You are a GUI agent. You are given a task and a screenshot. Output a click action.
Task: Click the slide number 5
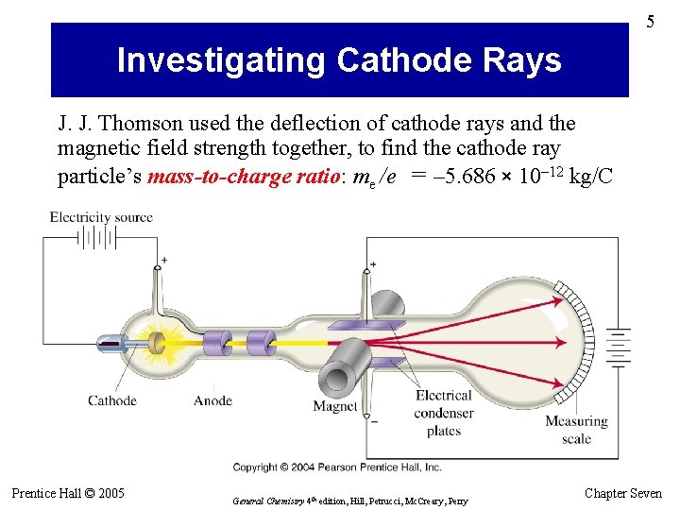coord(650,22)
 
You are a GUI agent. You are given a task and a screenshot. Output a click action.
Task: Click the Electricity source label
coord(101,217)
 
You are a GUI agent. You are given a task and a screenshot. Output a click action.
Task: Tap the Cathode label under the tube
coord(112,400)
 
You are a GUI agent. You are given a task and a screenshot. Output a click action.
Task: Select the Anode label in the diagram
coord(212,400)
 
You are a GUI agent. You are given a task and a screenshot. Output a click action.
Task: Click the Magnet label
coord(335,407)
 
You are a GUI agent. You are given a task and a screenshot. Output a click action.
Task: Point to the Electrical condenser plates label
coord(443,413)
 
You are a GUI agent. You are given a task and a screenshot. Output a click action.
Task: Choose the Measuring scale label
coord(576,430)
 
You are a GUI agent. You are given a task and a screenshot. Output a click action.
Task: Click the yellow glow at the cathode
coord(156,345)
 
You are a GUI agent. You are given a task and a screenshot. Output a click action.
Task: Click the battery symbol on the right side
coord(618,348)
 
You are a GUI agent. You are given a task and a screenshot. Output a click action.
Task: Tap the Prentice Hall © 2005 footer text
coord(68,493)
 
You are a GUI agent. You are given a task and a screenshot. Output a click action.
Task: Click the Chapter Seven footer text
coord(623,493)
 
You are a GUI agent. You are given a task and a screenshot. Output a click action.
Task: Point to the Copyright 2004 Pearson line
coord(337,467)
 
